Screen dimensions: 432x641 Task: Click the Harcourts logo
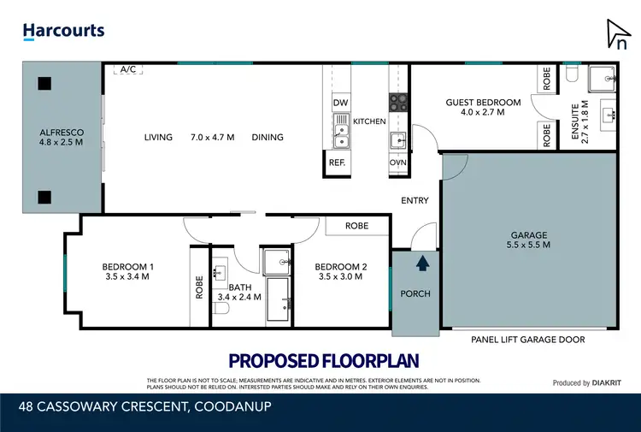coord(63,31)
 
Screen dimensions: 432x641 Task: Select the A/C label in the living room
coord(129,69)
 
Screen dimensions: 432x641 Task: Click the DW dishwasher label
coord(339,104)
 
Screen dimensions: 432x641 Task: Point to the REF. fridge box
coord(337,162)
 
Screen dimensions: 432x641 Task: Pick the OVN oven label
coord(397,162)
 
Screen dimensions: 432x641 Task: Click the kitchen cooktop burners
coord(399,103)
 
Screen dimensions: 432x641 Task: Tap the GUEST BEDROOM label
coord(482,103)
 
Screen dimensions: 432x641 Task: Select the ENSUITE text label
coord(585,123)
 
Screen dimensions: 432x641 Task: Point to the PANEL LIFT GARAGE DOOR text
coord(527,340)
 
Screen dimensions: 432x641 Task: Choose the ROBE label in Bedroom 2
coord(356,226)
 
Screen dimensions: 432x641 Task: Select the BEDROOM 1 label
coord(126,266)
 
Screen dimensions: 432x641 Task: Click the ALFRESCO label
coord(61,133)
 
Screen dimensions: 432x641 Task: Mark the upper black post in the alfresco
coord(44,83)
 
